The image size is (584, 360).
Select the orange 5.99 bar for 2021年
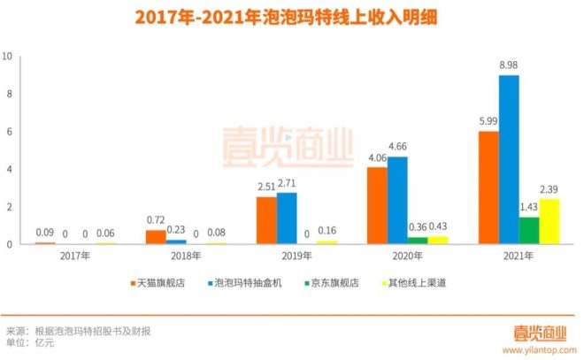(x=488, y=188)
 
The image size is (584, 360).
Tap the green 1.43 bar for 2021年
(x=529, y=230)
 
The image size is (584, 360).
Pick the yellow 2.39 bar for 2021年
(x=550, y=221)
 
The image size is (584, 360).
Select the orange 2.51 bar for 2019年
(x=266, y=220)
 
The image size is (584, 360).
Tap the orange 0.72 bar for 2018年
(x=155, y=237)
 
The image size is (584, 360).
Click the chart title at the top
(x=291, y=17)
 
